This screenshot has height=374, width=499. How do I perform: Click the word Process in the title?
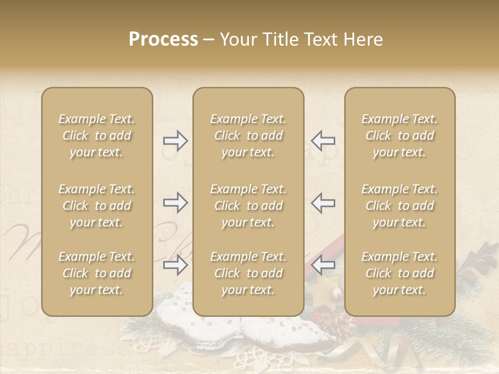[x=163, y=39]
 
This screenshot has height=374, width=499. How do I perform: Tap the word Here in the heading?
[x=362, y=39]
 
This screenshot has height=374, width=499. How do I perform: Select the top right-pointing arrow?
[x=175, y=140]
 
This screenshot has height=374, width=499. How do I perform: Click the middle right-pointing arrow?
[x=175, y=203]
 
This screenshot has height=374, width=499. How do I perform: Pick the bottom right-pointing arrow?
[x=175, y=265]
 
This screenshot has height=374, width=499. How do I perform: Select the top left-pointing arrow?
[x=323, y=140]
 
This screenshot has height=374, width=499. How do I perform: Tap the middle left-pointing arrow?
[x=323, y=203]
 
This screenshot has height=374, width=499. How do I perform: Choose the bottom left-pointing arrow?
[x=323, y=265]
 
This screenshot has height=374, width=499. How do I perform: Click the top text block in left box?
[x=97, y=136]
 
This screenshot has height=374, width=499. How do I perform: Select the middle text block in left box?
[x=97, y=206]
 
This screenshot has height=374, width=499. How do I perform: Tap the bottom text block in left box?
[x=97, y=273]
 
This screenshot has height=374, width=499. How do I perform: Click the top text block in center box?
[x=248, y=136]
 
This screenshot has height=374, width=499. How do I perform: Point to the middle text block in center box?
[x=248, y=206]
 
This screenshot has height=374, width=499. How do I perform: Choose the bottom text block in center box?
[x=248, y=273]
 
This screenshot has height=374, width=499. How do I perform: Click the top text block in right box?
[x=400, y=136]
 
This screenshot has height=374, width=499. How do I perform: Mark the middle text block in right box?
[x=400, y=206]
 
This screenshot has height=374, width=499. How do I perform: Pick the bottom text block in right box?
[x=400, y=273]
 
